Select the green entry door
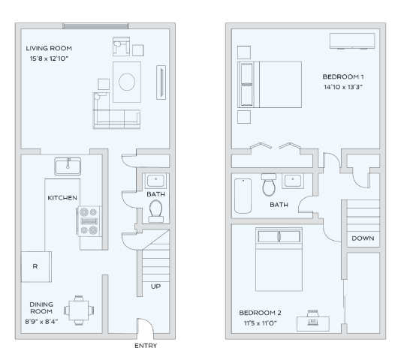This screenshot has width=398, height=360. (143, 330)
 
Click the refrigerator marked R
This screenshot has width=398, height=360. (35, 266)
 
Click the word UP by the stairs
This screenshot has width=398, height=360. (155, 286)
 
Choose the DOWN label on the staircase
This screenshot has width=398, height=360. (363, 238)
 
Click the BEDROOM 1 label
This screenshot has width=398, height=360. (343, 76)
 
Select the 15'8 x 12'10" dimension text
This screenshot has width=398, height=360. (50, 58)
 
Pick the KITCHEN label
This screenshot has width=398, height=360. (62, 198)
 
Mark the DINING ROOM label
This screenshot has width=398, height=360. (41, 308)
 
